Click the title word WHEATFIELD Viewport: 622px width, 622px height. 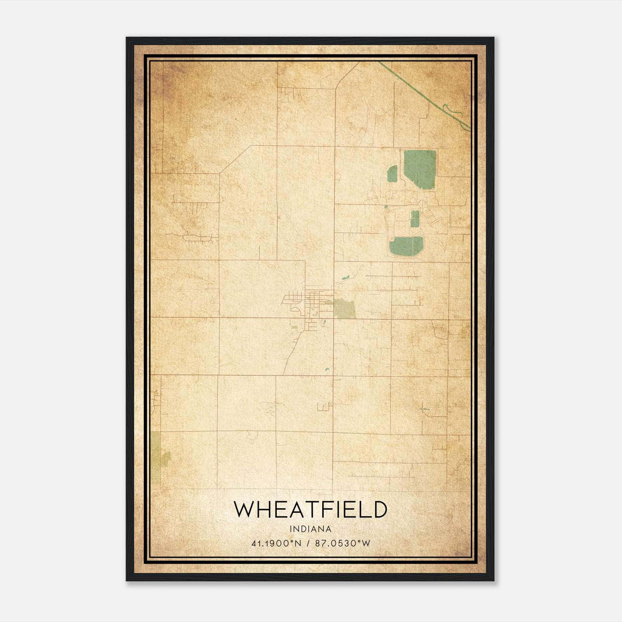coord(310,510)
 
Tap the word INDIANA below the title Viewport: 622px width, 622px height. coord(310,529)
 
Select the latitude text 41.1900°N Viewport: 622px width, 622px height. coord(276,543)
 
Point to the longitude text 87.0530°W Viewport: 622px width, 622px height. coord(343,543)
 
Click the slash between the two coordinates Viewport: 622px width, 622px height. coord(308,543)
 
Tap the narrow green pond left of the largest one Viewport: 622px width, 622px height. coord(393,175)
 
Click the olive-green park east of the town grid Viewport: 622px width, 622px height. coord(345,309)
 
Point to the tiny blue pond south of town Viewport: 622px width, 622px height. coord(327,370)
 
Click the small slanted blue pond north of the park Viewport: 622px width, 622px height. coord(345,278)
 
